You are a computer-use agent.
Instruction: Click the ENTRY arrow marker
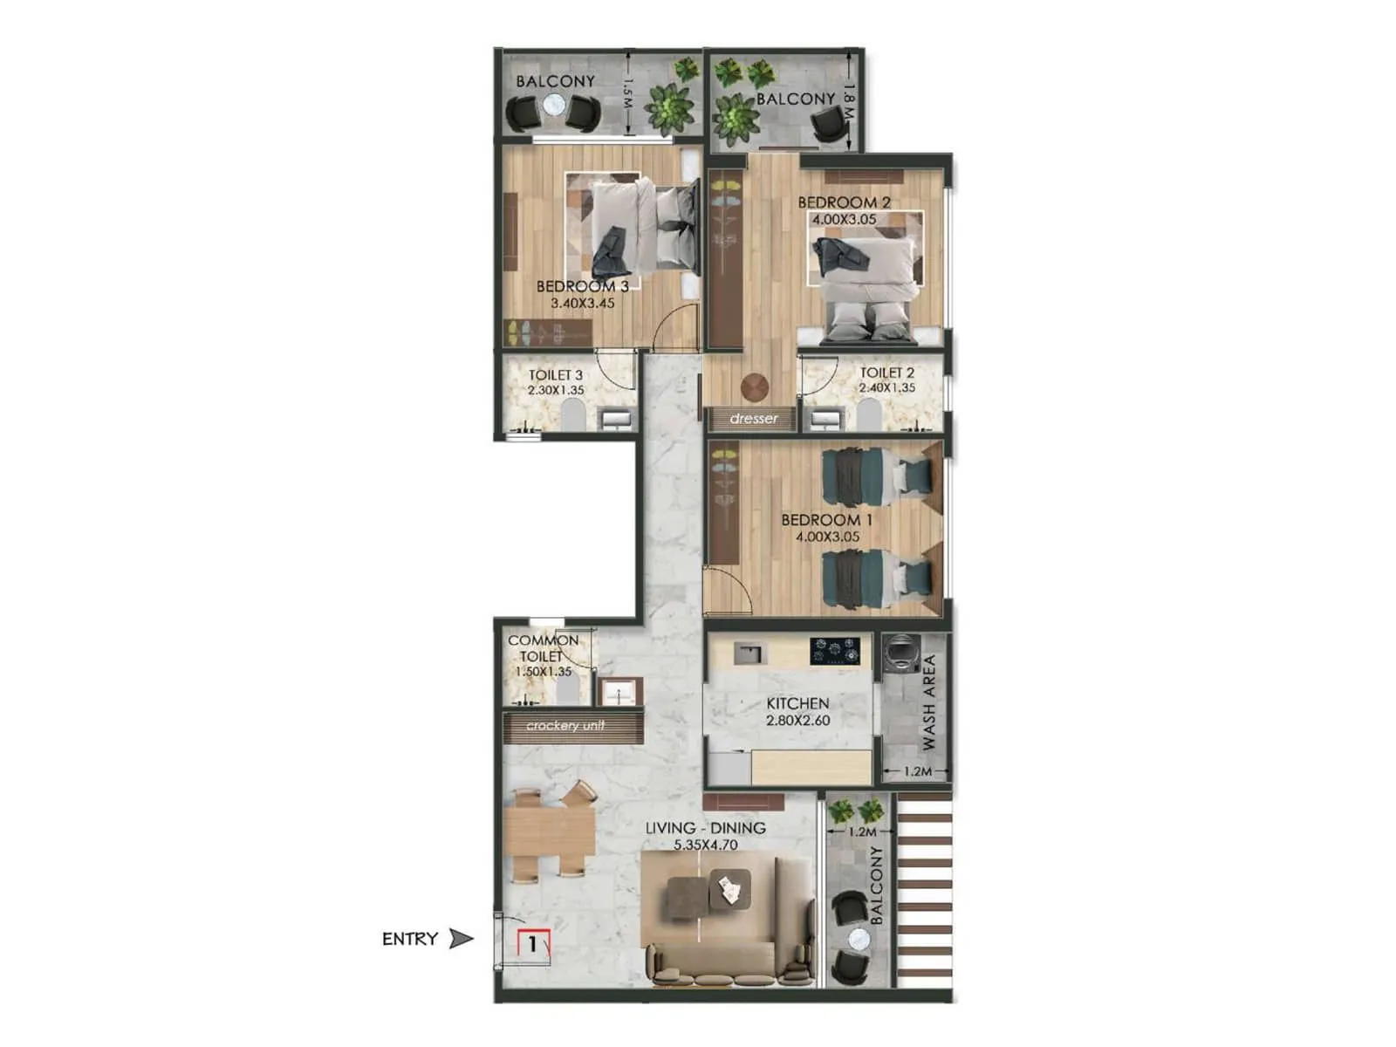point(460,939)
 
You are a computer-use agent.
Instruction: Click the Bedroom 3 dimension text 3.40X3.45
point(583,304)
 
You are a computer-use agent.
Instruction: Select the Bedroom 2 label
point(844,202)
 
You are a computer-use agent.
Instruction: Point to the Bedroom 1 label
point(826,520)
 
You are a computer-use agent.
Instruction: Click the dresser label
point(754,419)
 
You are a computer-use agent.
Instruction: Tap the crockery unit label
point(565,726)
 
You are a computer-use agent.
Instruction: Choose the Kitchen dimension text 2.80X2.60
point(797,721)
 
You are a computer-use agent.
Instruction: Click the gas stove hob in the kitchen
point(835,650)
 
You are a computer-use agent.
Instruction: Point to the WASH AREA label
point(928,702)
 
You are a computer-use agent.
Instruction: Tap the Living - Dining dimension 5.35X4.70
point(705,845)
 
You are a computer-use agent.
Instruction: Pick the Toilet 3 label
point(556,375)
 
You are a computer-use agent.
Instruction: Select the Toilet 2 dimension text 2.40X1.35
point(887,388)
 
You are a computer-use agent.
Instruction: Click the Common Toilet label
point(543,648)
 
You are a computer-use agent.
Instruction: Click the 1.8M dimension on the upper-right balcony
point(850,102)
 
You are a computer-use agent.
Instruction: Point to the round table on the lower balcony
point(859,940)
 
